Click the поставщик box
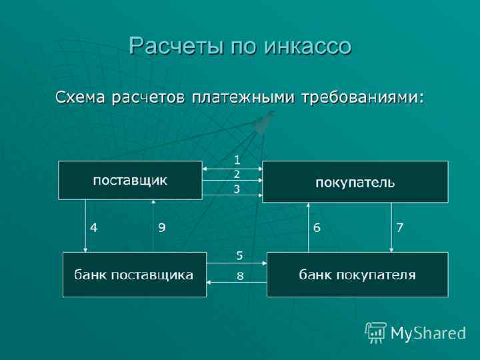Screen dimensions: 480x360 (130, 180)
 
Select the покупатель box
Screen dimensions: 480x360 (355, 181)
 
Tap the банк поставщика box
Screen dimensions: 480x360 (134, 275)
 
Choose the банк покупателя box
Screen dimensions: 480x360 (357, 275)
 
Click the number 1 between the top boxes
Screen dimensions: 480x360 (236, 160)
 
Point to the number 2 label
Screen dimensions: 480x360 (236, 174)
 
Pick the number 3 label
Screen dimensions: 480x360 (236, 189)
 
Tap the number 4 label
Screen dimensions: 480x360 (95, 227)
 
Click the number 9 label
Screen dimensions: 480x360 (162, 227)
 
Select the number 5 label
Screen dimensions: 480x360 (240, 255)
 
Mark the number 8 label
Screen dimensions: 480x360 (240, 275)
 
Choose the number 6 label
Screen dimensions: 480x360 (317, 227)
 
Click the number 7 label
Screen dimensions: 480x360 (400, 227)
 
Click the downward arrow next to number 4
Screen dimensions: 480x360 (85, 227)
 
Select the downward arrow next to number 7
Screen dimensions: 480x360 (391, 227)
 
